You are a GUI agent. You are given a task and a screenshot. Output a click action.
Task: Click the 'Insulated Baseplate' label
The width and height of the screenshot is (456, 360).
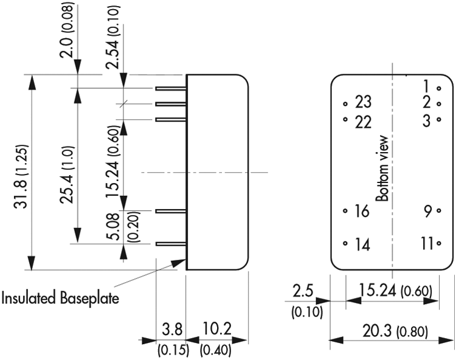(x=60, y=299)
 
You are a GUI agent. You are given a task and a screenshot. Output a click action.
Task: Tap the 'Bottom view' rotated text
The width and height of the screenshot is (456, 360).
(x=382, y=168)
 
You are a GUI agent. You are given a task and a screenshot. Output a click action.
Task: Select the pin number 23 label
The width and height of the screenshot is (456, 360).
(x=363, y=102)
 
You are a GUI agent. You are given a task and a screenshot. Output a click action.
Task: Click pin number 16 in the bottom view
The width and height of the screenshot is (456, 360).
(x=362, y=211)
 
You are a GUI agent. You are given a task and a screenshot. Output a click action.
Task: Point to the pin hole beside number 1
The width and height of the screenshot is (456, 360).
(x=439, y=88)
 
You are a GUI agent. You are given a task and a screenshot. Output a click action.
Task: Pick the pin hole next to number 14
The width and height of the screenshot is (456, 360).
(x=345, y=243)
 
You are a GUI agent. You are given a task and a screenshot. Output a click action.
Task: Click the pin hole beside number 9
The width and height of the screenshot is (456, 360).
(x=439, y=211)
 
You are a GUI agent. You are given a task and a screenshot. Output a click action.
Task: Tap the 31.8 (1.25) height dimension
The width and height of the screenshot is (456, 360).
(x=21, y=176)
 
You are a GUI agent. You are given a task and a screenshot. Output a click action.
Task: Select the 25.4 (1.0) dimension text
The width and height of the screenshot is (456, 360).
(x=67, y=175)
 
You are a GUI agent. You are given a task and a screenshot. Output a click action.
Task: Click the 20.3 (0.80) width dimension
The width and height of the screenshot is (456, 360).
(x=395, y=331)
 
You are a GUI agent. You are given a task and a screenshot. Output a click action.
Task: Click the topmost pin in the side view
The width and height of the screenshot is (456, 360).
(x=171, y=88)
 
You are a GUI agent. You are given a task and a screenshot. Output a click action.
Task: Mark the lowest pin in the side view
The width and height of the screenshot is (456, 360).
(x=171, y=244)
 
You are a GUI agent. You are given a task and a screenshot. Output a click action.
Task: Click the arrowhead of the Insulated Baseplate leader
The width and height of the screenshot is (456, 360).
(x=178, y=263)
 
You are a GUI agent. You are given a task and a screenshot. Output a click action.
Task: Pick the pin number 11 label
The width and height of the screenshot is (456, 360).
(x=427, y=243)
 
